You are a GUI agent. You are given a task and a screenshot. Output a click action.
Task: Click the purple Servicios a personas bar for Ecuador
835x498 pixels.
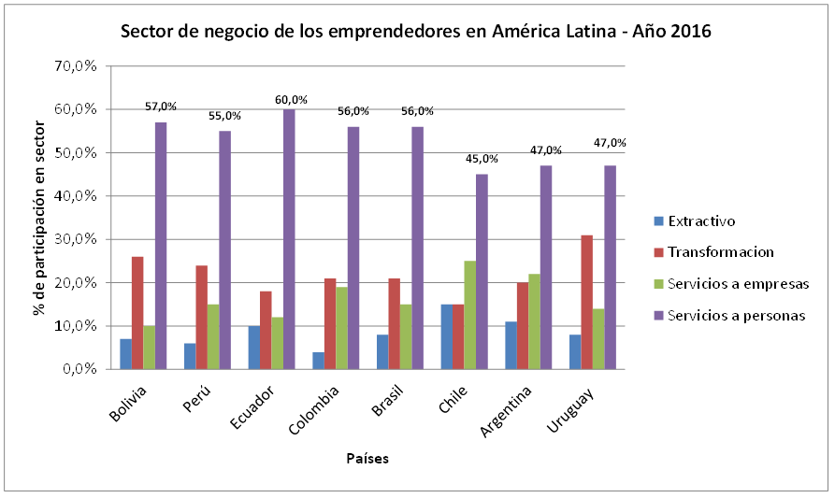tap(289, 239)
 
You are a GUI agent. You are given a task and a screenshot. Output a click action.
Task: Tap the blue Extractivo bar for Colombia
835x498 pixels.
tap(318, 361)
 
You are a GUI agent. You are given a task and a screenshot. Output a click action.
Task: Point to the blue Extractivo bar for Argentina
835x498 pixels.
tap(511, 346)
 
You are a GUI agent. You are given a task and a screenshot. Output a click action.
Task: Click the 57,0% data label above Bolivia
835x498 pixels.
tap(161, 107)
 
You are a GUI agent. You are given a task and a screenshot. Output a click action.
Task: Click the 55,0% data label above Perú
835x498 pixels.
tap(225, 116)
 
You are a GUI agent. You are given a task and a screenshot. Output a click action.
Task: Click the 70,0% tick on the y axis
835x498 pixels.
tap(79, 66)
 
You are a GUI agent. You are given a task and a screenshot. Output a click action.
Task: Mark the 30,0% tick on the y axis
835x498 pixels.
tap(79, 239)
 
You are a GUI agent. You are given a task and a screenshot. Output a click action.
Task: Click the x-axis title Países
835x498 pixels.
tap(367, 459)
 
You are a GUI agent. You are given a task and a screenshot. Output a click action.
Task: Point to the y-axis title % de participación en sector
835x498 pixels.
tap(40, 217)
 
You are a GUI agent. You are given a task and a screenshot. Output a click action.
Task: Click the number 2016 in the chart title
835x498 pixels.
tap(690, 31)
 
